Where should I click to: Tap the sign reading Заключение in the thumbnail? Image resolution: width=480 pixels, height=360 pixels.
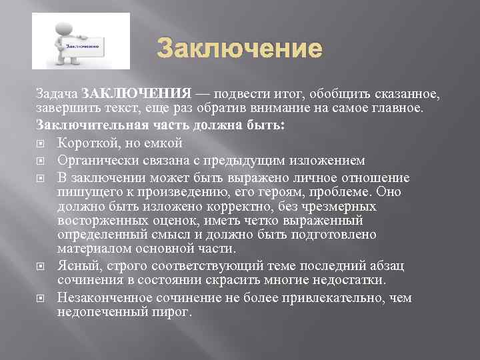(x=83, y=46)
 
